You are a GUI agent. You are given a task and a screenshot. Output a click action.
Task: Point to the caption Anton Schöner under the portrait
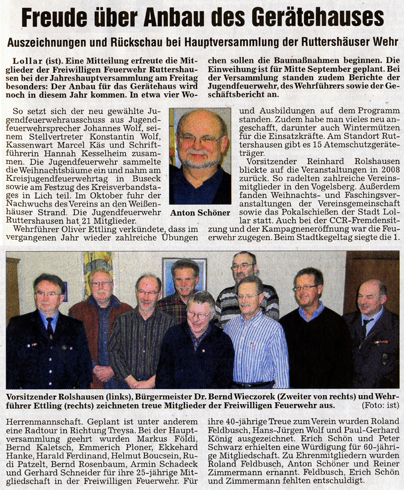[x=200, y=213]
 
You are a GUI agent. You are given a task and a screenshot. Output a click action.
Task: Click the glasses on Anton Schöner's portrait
[x=201, y=140]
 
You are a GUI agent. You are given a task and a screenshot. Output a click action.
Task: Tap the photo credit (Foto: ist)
[x=379, y=405]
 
